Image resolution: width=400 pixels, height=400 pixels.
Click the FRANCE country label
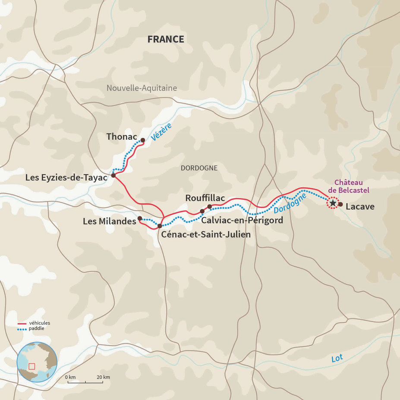[x=166, y=39]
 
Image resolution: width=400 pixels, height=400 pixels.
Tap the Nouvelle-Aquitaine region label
[x=142, y=88]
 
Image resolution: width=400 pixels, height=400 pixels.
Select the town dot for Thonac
[x=142, y=140]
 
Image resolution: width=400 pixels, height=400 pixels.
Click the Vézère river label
[x=161, y=132]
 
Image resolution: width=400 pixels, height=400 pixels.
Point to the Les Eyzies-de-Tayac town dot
[x=113, y=175]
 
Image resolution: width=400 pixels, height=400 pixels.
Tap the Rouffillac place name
[x=205, y=198]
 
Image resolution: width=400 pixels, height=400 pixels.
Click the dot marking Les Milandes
[x=140, y=218]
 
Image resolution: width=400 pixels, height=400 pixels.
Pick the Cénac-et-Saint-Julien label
[x=206, y=235]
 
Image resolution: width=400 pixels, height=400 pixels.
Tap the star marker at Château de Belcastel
[x=333, y=203]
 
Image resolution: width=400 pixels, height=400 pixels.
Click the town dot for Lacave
[x=340, y=205]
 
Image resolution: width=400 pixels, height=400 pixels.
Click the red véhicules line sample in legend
[x=22, y=323]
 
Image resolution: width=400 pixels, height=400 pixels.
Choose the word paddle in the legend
[x=37, y=328]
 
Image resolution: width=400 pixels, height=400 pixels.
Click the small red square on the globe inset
[x=31, y=366]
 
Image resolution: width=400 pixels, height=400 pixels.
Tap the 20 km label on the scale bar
[x=103, y=377]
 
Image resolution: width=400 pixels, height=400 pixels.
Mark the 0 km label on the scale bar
[x=70, y=377]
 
